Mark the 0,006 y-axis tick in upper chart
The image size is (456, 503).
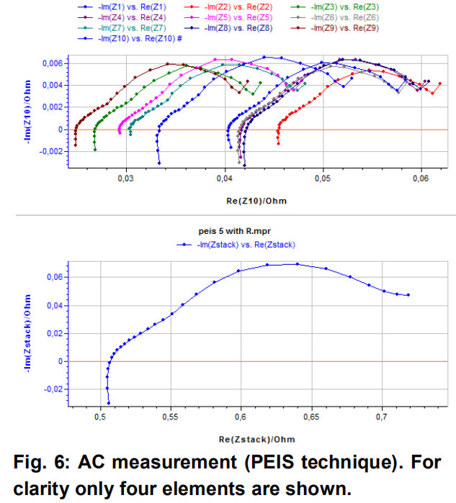pyautogui.click(x=53, y=63)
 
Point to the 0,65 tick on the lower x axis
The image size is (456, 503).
pyautogui.click(x=311, y=416)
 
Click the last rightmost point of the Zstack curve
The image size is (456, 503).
pyautogui.click(x=408, y=295)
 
